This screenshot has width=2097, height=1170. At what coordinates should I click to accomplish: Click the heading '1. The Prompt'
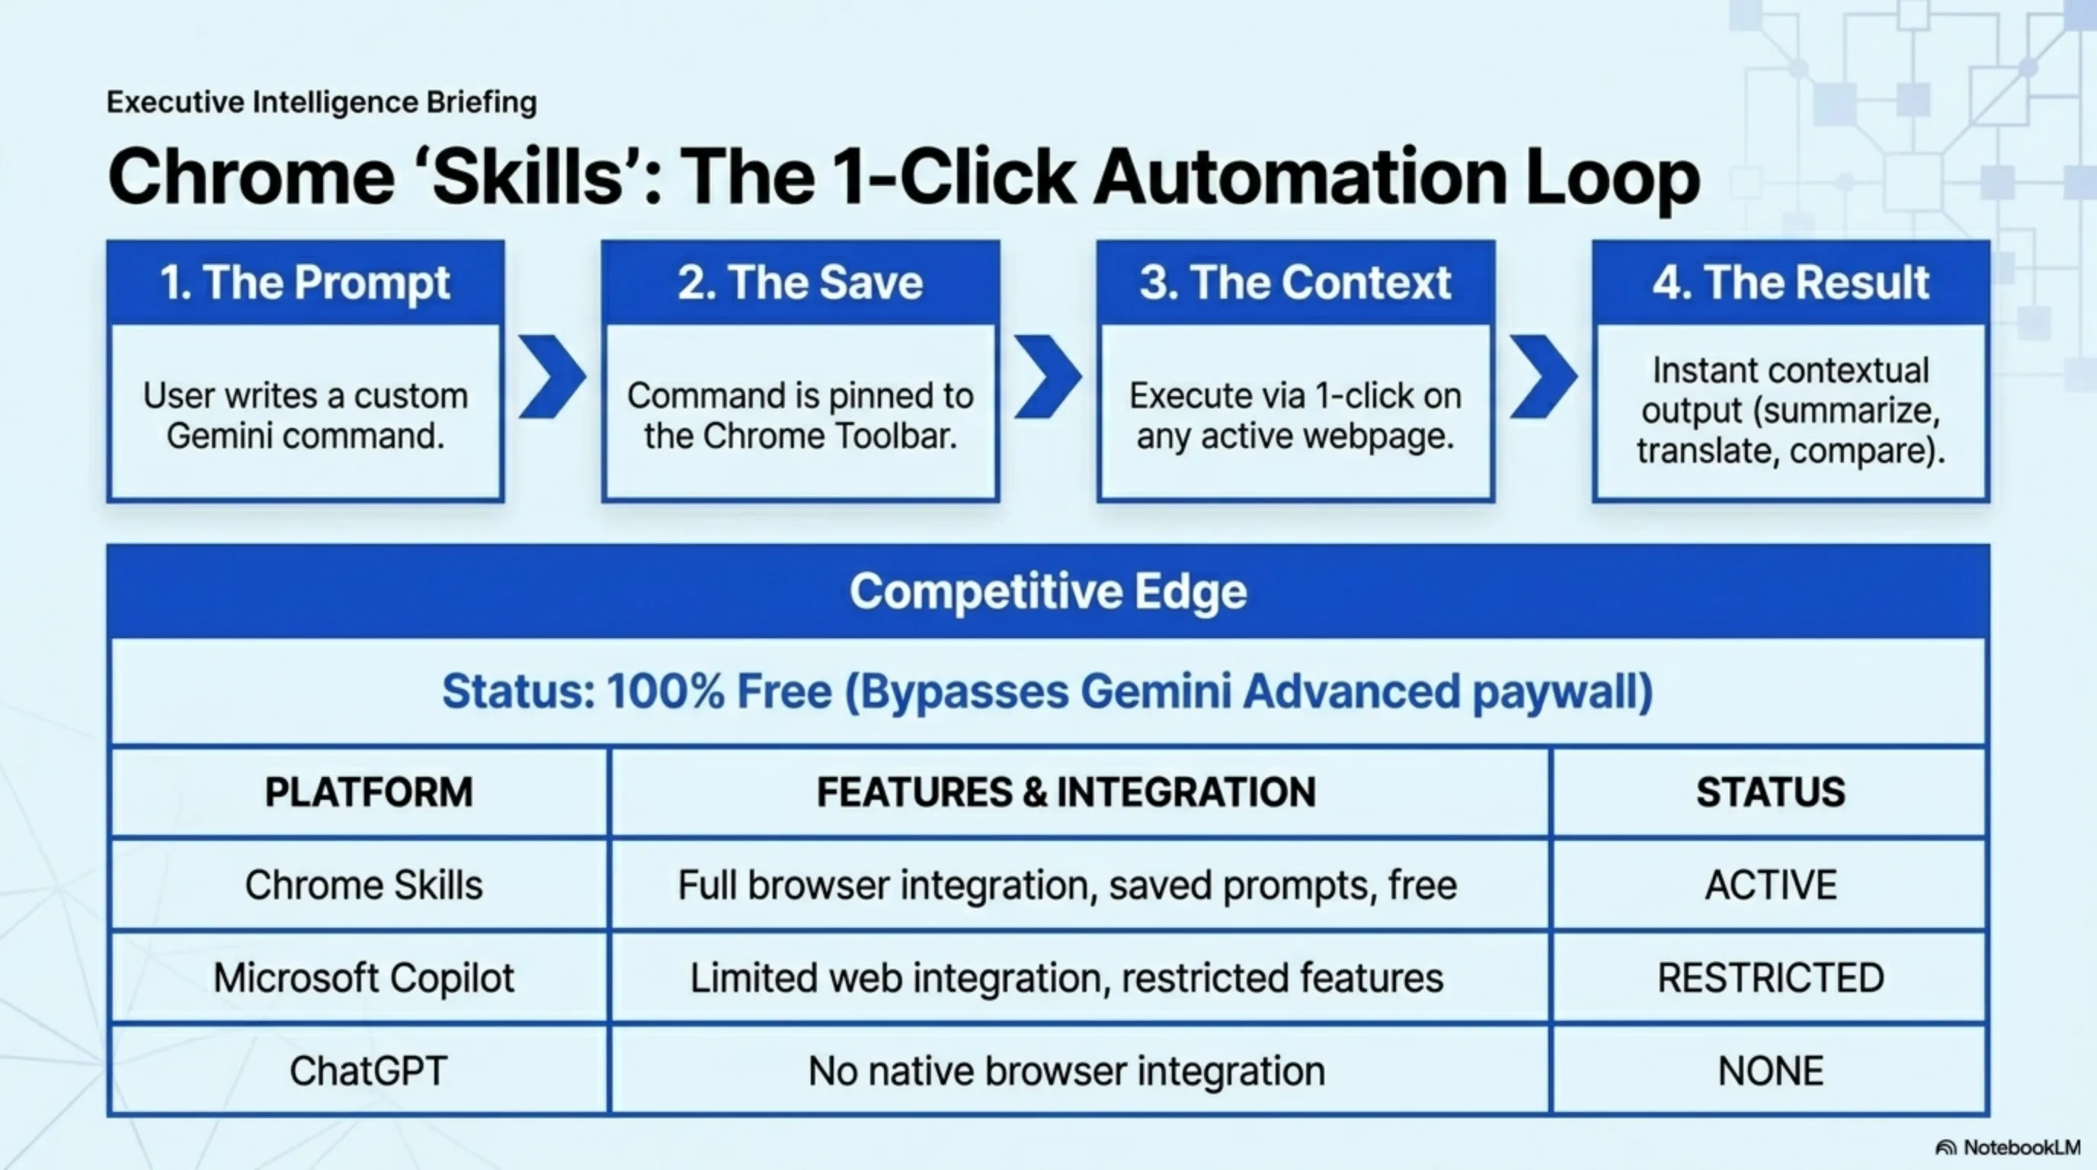click(305, 283)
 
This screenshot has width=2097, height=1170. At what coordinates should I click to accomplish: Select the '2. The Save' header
click(800, 283)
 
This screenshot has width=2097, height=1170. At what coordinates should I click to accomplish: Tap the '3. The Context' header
click(1295, 283)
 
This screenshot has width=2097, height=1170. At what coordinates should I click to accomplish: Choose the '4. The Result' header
click(1791, 283)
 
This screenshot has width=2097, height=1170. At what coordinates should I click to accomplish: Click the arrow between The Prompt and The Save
click(552, 377)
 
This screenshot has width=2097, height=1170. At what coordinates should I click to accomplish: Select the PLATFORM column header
click(368, 791)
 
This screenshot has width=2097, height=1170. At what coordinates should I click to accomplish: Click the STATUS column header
click(1771, 791)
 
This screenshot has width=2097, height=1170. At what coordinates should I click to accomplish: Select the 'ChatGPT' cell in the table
click(368, 1071)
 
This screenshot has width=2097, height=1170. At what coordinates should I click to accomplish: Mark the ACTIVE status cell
click(1771, 884)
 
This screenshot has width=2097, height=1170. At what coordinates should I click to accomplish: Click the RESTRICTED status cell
click(1771, 977)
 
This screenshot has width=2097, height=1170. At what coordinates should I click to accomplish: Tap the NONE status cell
click(1771, 1071)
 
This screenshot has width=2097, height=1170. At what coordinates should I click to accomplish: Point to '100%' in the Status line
click(665, 692)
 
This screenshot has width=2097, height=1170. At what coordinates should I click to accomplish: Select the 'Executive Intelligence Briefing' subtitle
click(322, 103)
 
